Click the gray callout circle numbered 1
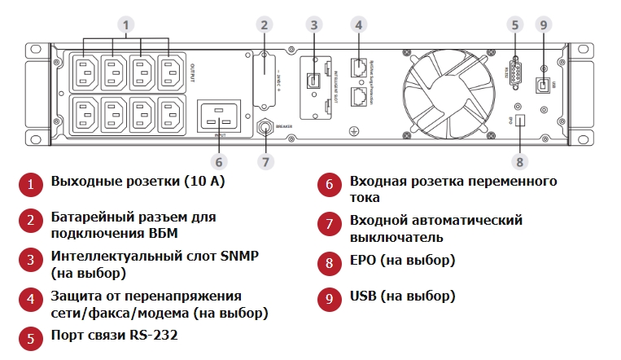[125, 24]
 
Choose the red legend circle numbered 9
[328, 297]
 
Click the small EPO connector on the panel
[521, 121]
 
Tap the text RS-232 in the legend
[151, 335]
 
